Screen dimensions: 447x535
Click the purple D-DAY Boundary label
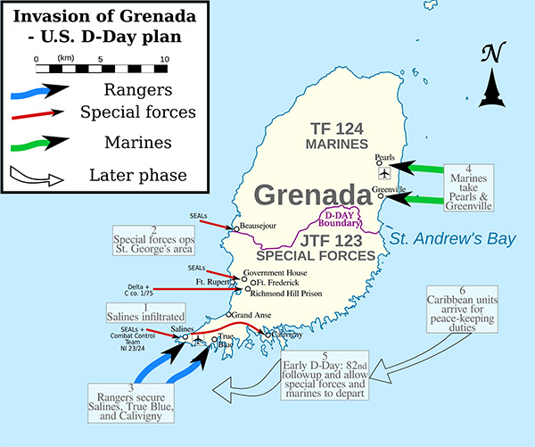coord(341,219)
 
